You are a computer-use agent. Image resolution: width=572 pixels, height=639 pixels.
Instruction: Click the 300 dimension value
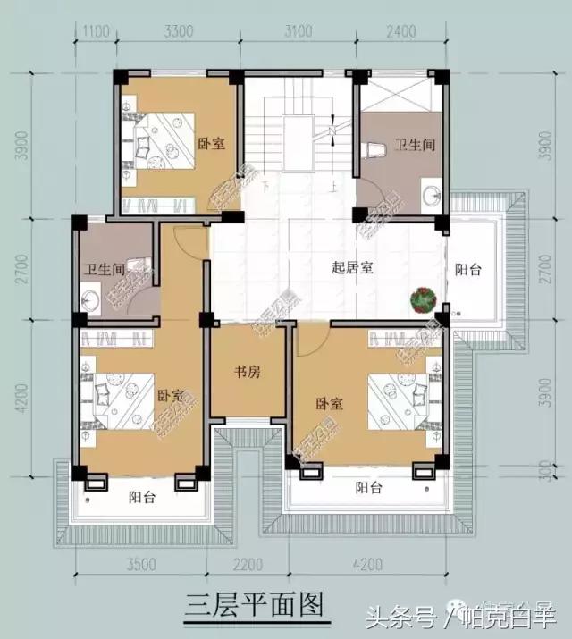[x=545, y=471]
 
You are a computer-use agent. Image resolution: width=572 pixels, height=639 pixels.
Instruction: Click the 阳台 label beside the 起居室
[x=468, y=268]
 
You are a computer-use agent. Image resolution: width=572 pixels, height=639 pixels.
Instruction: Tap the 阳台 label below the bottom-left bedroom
[x=142, y=498]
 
